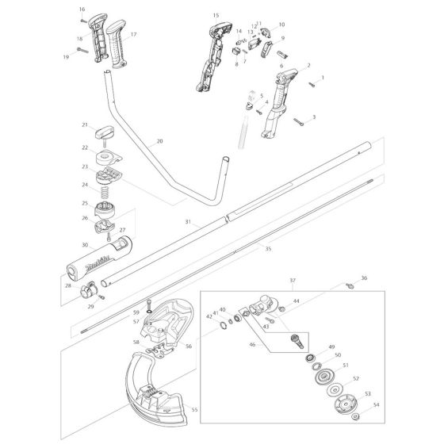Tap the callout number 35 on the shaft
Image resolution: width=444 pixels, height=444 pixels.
pos(267,249)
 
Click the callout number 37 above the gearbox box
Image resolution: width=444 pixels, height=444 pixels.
pos(293,280)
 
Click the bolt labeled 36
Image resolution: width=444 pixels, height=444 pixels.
pos(347,283)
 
